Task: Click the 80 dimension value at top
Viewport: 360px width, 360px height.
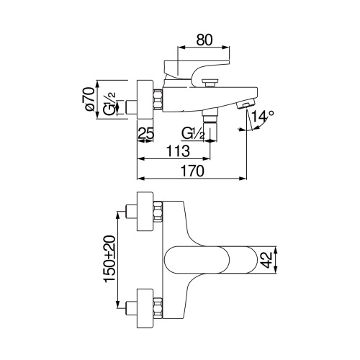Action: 203,40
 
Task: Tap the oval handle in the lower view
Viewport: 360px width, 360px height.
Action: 209,259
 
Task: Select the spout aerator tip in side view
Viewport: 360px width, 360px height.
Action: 246,104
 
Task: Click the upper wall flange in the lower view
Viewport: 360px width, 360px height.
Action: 144,211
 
